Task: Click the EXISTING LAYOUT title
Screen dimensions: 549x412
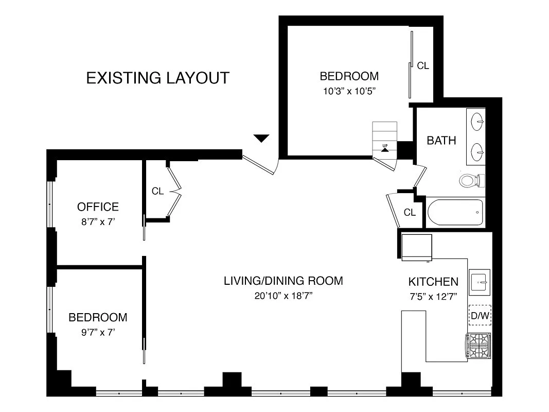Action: pos(157,78)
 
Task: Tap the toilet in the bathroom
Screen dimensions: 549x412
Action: pos(472,180)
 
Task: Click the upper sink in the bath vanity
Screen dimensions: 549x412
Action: pos(477,122)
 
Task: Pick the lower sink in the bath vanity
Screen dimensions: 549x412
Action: pos(477,152)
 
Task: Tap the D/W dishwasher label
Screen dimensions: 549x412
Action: pos(480,316)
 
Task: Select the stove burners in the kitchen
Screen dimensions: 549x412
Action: pos(478,346)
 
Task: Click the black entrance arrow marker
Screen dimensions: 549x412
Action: pos(261,138)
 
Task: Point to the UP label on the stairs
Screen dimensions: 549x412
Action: pos(385,146)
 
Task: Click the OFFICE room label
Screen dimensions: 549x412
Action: pos(98,207)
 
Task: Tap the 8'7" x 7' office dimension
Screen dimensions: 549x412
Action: pos(98,222)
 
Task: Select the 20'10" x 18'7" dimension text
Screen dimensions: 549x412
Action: pos(284,296)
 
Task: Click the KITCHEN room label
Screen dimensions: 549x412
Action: pos(433,282)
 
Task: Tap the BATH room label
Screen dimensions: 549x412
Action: pos(441,141)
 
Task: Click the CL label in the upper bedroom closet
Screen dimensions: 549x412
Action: pos(423,65)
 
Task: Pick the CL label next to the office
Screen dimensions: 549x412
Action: pos(157,191)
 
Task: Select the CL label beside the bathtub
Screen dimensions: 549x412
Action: pos(410,212)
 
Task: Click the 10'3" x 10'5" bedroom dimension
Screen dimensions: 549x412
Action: pos(349,92)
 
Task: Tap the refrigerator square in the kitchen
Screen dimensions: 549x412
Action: pos(417,248)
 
